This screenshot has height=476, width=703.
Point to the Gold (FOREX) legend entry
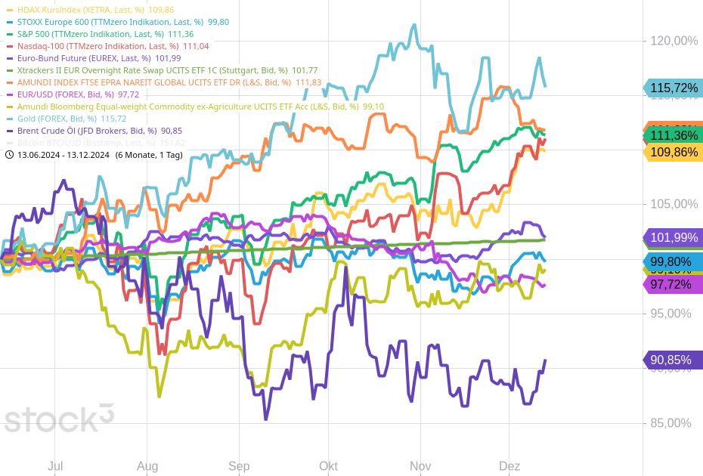pos(71,119)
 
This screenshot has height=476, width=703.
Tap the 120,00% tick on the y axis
pos(674,41)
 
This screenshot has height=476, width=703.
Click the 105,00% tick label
pos(674,204)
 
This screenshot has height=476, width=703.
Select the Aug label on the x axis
pos(147,466)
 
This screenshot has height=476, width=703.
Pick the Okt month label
pos(328,466)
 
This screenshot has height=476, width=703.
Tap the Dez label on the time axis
pos(509,466)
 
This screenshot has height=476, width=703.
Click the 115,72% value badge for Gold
pos(673,88)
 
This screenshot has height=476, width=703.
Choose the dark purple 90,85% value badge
pos(671,360)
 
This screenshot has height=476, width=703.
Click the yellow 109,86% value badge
pos(674,152)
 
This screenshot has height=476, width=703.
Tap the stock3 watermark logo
pos(59,418)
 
